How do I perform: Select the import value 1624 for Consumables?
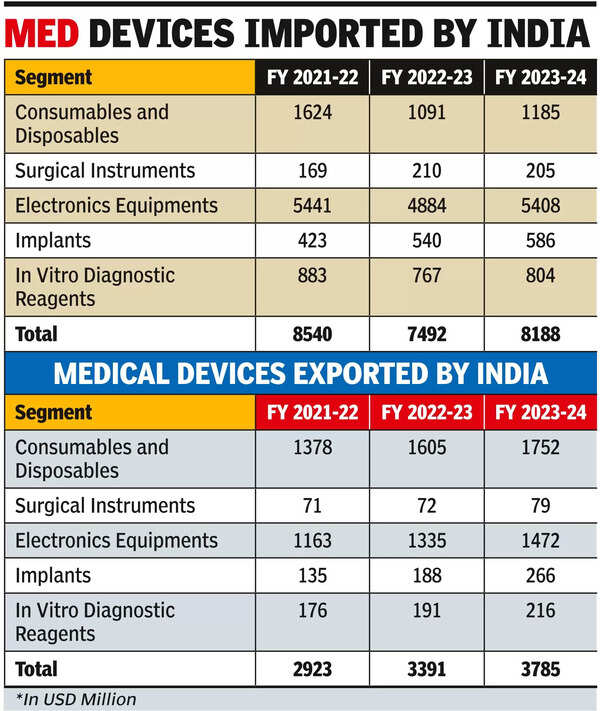pos(312,113)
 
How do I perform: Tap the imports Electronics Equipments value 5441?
pos(312,206)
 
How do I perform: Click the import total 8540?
pos(312,334)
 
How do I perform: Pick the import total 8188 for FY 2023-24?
pos(540,334)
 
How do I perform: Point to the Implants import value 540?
pos(426,241)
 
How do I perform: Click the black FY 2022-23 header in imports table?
pos(426,78)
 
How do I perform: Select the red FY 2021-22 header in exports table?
pos(312,413)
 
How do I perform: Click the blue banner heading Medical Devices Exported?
pos(300,373)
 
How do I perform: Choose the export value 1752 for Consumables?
pos(540,448)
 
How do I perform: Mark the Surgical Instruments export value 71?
pos(312,506)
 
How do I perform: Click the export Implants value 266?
pos(540,576)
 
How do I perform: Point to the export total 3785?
pos(540,669)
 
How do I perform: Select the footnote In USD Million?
pos(76,699)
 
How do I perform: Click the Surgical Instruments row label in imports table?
pos(105,171)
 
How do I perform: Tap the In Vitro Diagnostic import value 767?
pos(426,276)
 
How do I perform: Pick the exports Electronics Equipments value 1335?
pos(426,541)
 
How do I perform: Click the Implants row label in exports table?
pos(53,576)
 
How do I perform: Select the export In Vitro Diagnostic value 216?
pos(540,611)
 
